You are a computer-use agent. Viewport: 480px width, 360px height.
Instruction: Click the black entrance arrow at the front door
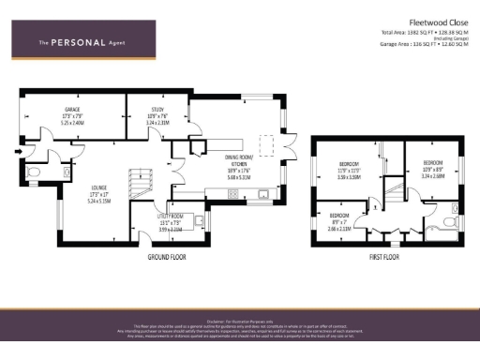pyautogui.click(x=18, y=149)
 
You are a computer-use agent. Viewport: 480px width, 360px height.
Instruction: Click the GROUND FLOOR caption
pyautogui.click(x=170, y=256)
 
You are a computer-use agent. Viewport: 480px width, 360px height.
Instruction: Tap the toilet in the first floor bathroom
pyautogui.click(x=448, y=222)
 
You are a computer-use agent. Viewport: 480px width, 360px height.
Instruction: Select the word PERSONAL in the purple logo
pyautogui.click(x=78, y=42)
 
